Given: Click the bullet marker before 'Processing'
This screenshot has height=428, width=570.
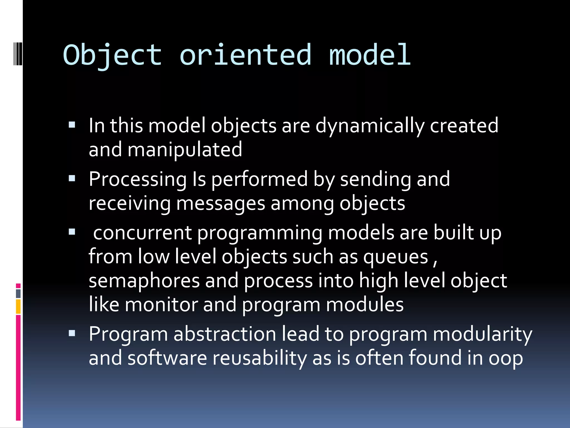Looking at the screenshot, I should tap(72, 178).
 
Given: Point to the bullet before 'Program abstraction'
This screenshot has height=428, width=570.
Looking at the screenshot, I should tap(72, 333).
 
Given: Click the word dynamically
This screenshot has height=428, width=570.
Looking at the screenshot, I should tap(370, 126).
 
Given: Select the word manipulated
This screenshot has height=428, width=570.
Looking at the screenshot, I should tap(185, 150).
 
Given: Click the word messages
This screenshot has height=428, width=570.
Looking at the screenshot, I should tap(220, 203).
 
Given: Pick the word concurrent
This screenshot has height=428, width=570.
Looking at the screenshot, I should tap(142, 233).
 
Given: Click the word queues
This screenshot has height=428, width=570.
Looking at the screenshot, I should tap(395, 257).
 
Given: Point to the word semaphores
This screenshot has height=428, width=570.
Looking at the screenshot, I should tap(144, 281).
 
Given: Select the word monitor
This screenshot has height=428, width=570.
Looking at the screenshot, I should tap(161, 305).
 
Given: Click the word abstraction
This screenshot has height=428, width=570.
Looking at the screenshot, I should tap(225, 334).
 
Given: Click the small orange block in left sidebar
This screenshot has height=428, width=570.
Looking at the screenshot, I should tap(18, 307).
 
